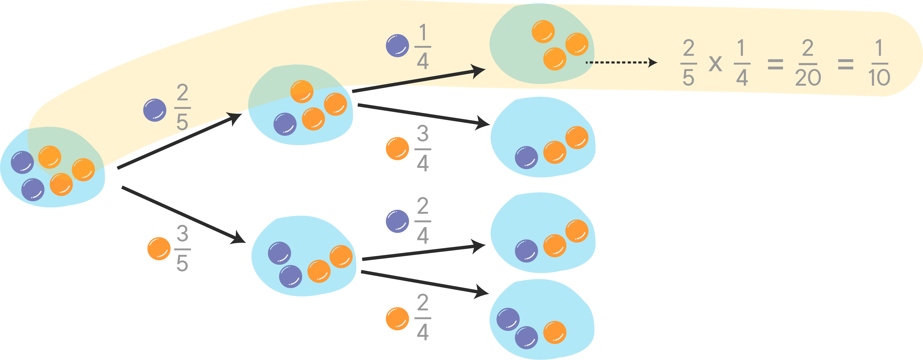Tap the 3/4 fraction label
tap(423, 148)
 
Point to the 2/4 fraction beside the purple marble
tap(423, 221)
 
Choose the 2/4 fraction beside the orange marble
tap(423, 317)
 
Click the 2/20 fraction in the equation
tap(808, 63)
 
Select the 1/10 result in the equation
tap(879, 63)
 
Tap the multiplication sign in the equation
tap(715, 64)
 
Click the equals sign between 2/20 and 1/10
tap(846, 64)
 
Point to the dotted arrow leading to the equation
tap(621, 62)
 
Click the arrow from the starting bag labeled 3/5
tap(184, 215)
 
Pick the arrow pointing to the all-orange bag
tap(419, 78)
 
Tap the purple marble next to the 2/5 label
tap(155, 110)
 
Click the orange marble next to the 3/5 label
tap(159, 249)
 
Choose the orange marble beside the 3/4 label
tap(397, 149)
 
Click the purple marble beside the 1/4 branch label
tap(397, 45)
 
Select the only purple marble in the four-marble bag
tap(285, 124)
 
